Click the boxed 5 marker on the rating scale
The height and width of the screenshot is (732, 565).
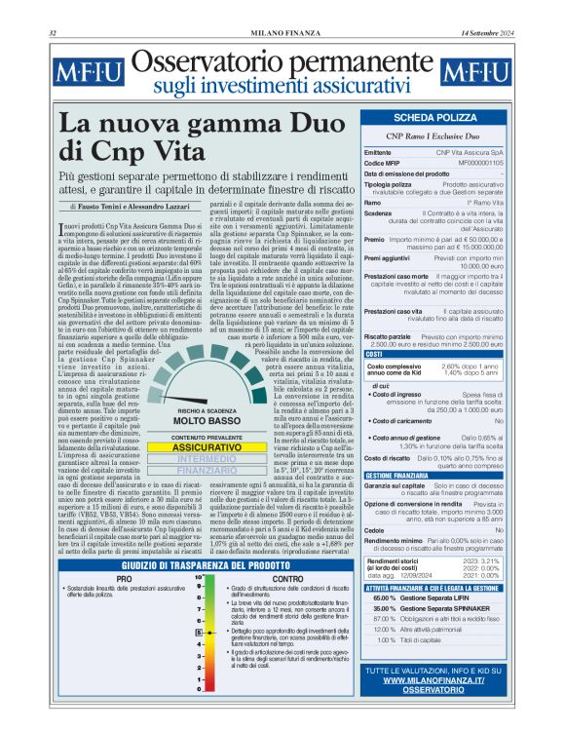(199, 633)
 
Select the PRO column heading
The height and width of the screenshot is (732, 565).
(125, 579)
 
